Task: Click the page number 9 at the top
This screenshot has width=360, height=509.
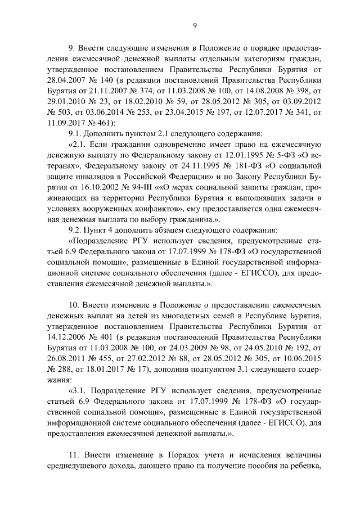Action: (x=194, y=25)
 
